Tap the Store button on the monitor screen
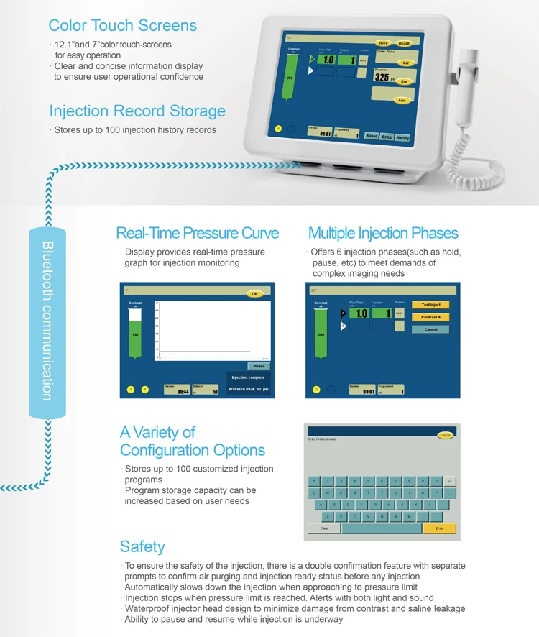[384, 43]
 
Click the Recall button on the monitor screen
[404, 43]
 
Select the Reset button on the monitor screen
[372, 136]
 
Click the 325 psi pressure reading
[382, 77]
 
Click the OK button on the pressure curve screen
[254, 293]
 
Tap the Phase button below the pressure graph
[259, 366]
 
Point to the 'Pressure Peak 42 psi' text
[248, 389]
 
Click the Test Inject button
[430, 305]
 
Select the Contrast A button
[430, 317]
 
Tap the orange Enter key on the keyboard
[440, 528]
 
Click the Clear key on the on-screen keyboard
[324, 528]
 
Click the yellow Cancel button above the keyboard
[445, 435]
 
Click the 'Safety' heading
[142, 546]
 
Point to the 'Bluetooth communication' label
[47, 321]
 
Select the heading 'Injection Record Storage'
[137, 111]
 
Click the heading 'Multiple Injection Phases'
[383, 233]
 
